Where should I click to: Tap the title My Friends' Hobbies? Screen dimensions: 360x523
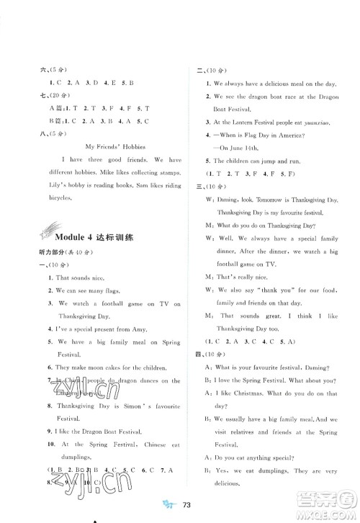(115, 146)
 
